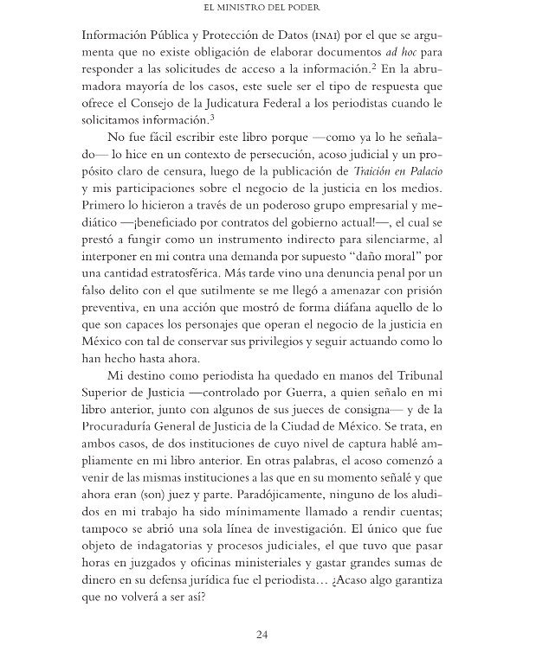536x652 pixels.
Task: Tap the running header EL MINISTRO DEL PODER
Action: click(268, 10)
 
